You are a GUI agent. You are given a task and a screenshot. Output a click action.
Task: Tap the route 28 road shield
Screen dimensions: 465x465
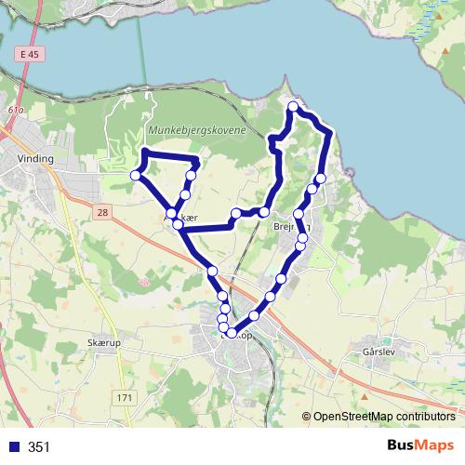(x=101, y=214)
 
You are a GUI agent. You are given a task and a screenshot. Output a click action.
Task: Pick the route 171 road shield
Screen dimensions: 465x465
(x=126, y=398)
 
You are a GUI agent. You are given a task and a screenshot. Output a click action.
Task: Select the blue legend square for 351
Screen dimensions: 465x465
(x=11, y=447)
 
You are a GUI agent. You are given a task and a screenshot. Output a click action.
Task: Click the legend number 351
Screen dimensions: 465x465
(x=39, y=447)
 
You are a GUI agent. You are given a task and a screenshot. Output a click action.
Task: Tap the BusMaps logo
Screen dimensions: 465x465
(x=419, y=446)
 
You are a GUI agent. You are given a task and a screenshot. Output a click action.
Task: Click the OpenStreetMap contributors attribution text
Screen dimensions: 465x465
(x=384, y=417)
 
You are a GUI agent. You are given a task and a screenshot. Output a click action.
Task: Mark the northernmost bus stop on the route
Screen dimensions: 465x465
(x=293, y=107)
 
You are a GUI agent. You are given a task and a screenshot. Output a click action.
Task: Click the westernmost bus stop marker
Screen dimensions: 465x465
(x=136, y=175)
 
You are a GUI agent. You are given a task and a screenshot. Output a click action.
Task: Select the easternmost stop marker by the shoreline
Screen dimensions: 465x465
(x=321, y=179)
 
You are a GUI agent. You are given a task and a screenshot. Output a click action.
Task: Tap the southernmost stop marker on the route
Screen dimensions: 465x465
(x=231, y=332)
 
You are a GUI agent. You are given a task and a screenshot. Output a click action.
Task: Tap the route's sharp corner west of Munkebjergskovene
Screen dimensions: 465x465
(x=145, y=152)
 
